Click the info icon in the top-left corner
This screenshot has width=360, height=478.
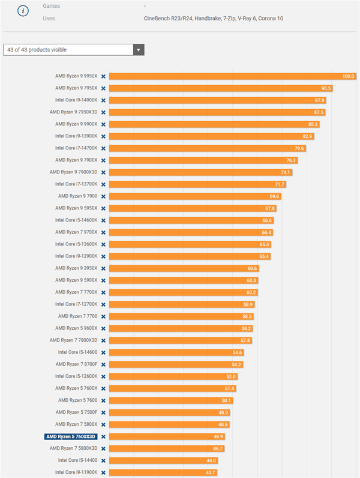click(x=23, y=11)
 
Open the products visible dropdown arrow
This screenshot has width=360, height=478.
click(x=139, y=50)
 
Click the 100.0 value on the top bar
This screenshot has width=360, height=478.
click(x=348, y=76)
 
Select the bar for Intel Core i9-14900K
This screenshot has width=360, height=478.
click(x=218, y=100)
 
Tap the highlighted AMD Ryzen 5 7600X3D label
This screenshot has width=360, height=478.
click(x=71, y=437)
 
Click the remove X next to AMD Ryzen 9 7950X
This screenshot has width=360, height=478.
click(x=103, y=88)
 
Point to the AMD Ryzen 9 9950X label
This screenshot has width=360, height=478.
click(x=76, y=76)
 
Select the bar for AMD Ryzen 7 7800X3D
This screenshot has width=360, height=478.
click(x=181, y=341)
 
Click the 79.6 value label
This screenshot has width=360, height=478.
click(x=299, y=149)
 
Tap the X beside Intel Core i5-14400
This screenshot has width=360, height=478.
click(x=103, y=461)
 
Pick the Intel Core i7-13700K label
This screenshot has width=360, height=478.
click(x=76, y=184)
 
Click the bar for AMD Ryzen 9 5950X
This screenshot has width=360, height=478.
click(x=193, y=209)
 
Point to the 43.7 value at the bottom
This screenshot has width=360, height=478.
click(x=210, y=473)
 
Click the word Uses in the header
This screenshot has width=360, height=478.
click(x=49, y=18)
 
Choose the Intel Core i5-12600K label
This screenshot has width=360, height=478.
click(x=76, y=376)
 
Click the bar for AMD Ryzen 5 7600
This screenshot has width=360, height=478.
click(x=171, y=401)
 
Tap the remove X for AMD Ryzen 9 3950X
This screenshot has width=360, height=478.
click(x=103, y=269)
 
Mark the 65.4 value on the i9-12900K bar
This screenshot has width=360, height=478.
click(x=264, y=256)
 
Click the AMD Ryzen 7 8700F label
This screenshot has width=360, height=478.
click(x=77, y=364)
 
